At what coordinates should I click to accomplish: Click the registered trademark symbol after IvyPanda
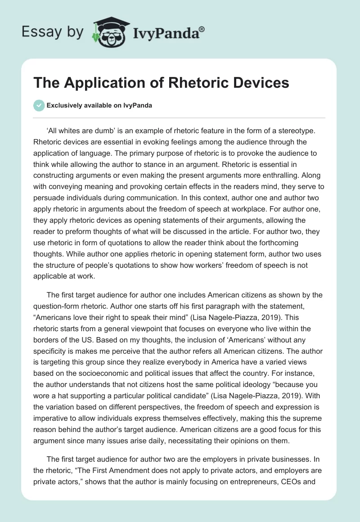click(x=202, y=29)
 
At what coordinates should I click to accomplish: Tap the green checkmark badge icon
click(x=39, y=105)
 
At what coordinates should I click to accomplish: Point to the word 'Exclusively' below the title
click(x=65, y=106)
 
